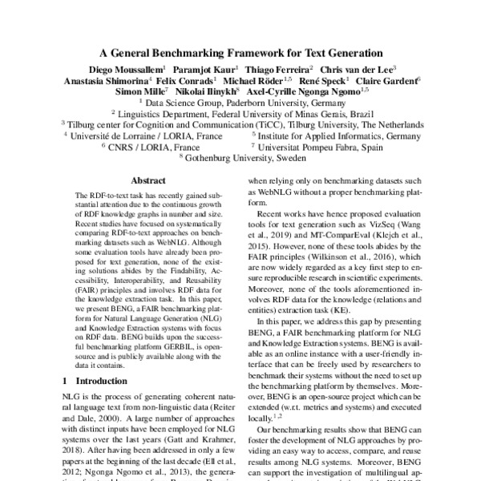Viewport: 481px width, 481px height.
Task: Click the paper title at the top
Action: pos(240,53)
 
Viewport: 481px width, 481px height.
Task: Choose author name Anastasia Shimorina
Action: pos(107,81)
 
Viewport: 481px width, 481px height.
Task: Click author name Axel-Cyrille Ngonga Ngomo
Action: pos(303,92)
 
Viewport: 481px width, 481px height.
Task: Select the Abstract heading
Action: pos(148,181)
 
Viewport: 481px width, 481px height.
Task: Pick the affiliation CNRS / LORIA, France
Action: pos(150,147)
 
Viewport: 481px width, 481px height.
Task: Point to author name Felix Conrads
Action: pos(187,81)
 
